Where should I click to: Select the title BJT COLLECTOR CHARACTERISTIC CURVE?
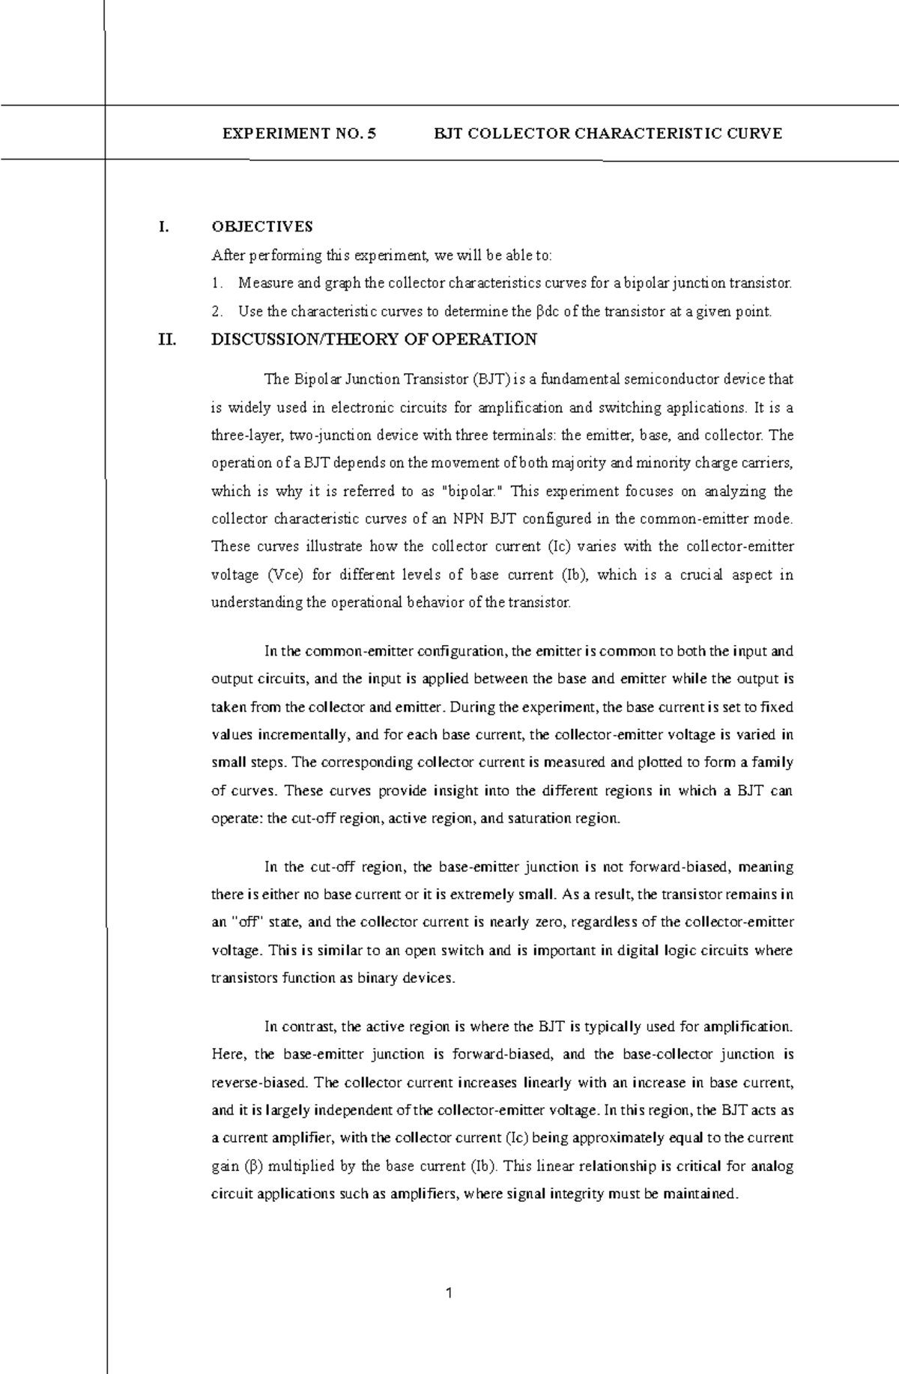coord(608,134)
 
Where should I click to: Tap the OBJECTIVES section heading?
coord(262,226)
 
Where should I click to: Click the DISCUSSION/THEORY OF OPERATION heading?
coord(375,340)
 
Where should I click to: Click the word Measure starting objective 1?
coord(263,284)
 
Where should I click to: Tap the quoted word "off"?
coord(241,923)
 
